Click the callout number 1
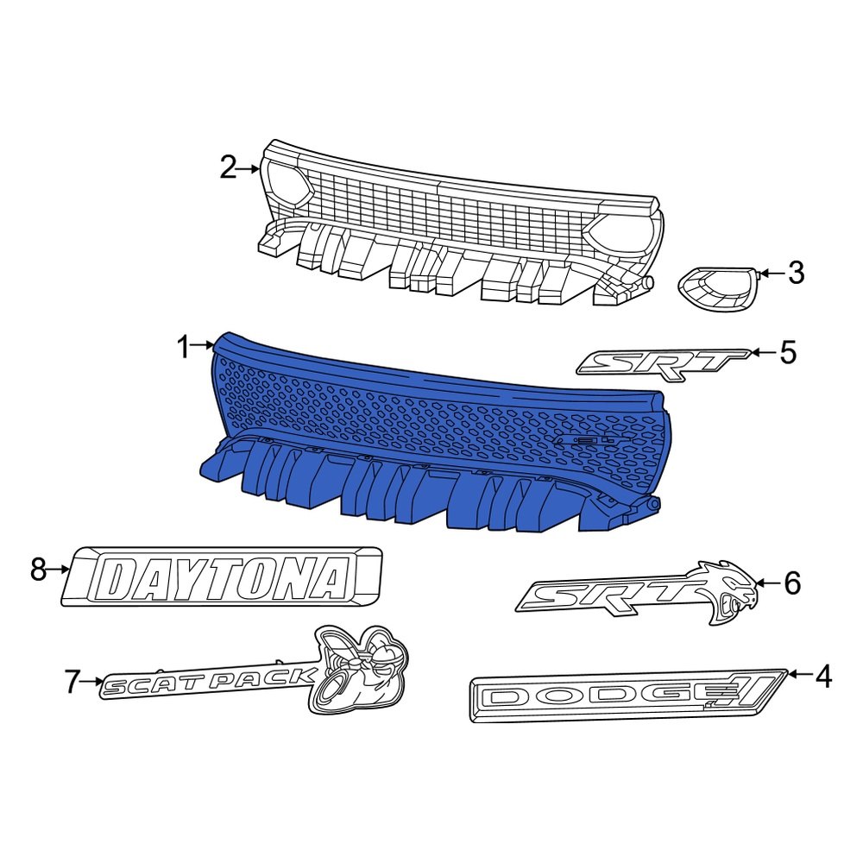(x=182, y=348)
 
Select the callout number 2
(x=228, y=167)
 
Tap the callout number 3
(x=796, y=274)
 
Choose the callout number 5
(x=788, y=352)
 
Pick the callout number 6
(x=792, y=583)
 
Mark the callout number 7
(x=72, y=683)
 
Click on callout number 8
(x=37, y=570)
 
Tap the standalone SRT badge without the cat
(x=661, y=362)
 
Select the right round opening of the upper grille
(x=620, y=236)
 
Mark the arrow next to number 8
(x=60, y=570)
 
